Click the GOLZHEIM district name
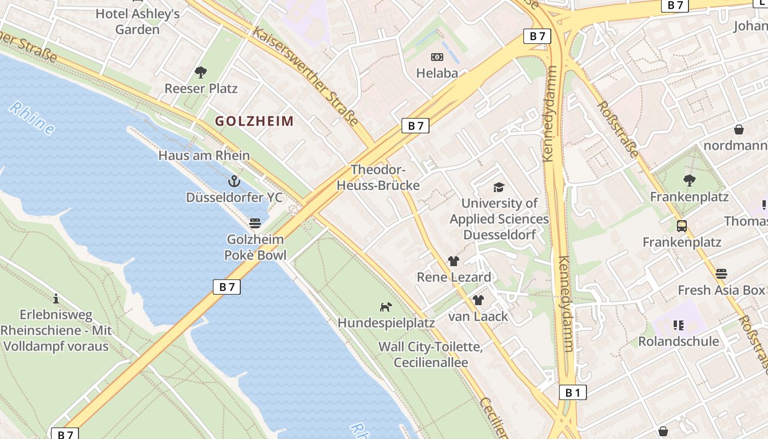coord(254,121)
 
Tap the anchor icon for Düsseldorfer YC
coord(234,181)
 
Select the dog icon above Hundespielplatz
coord(386,306)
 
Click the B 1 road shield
coord(573,392)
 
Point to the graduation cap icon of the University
coord(499,187)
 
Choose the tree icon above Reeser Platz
coord(201,72)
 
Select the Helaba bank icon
coord(437,57)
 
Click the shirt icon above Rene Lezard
coord(453,261)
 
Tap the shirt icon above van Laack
coord(478,300)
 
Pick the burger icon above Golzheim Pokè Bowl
coord(255,223)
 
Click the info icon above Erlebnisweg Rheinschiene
coord(56,299)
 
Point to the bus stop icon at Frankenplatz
coord(682,226)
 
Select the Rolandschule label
coord(679,341)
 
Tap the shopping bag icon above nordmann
coord(739,130)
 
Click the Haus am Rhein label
coord(204,155)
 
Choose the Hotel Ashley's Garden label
coord(138,21)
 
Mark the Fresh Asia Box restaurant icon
coord(721,273)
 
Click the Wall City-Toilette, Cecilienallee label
coord(431,354)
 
